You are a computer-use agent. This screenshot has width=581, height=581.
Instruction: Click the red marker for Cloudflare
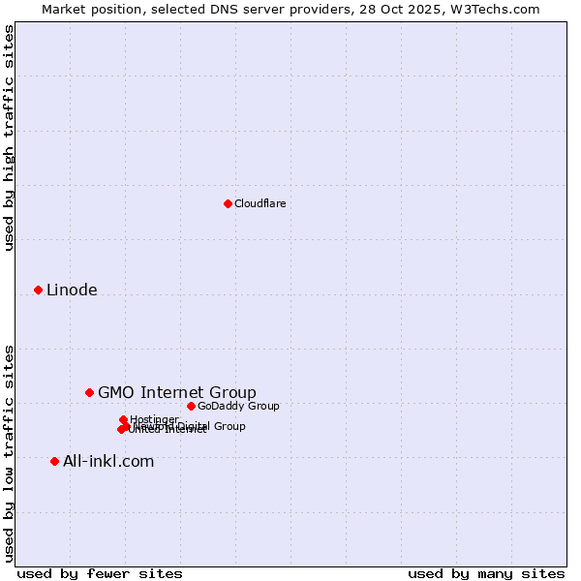pyautogui.click(x=228, y=203)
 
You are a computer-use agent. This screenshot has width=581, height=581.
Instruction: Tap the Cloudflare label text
pyautogui.click(x=260, y=203)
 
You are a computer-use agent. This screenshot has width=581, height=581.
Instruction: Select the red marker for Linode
pyautogui.click(x=38, y=290)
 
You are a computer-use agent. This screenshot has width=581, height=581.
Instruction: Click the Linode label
pyautogui.click(x=72, y=290)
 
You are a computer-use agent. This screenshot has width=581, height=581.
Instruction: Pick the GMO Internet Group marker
pyautogui.click(x=89, y=392)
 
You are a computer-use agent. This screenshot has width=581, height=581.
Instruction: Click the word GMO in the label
pyautogui.click(x=116, y=392)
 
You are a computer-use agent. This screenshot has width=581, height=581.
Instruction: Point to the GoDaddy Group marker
pyautogui.click(x=191, y=406)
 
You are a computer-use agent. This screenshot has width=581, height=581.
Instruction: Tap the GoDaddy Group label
pyautogui.click(x=238, y=406)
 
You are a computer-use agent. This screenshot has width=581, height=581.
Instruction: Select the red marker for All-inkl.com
pyautogui.click(x=54, y=461)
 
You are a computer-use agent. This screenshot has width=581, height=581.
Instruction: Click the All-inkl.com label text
pyautogui.click(x=108, y=461)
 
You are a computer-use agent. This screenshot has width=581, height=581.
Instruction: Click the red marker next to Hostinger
pyautogui.click(x=123, y=419)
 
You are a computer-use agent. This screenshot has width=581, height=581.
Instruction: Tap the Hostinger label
pyautogui.click(x=155, y=419)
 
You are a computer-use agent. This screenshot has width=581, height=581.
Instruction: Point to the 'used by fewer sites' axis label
pyautogui.click(x=100, y=573)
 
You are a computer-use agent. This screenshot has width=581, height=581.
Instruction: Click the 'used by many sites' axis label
pyautogui.click(x=486, y=573)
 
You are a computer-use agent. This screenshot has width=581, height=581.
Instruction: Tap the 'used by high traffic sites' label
pyautogui.click(x=9, y=138)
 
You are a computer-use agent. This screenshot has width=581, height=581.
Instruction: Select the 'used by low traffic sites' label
pyautogui.click(x=9, y=453)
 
